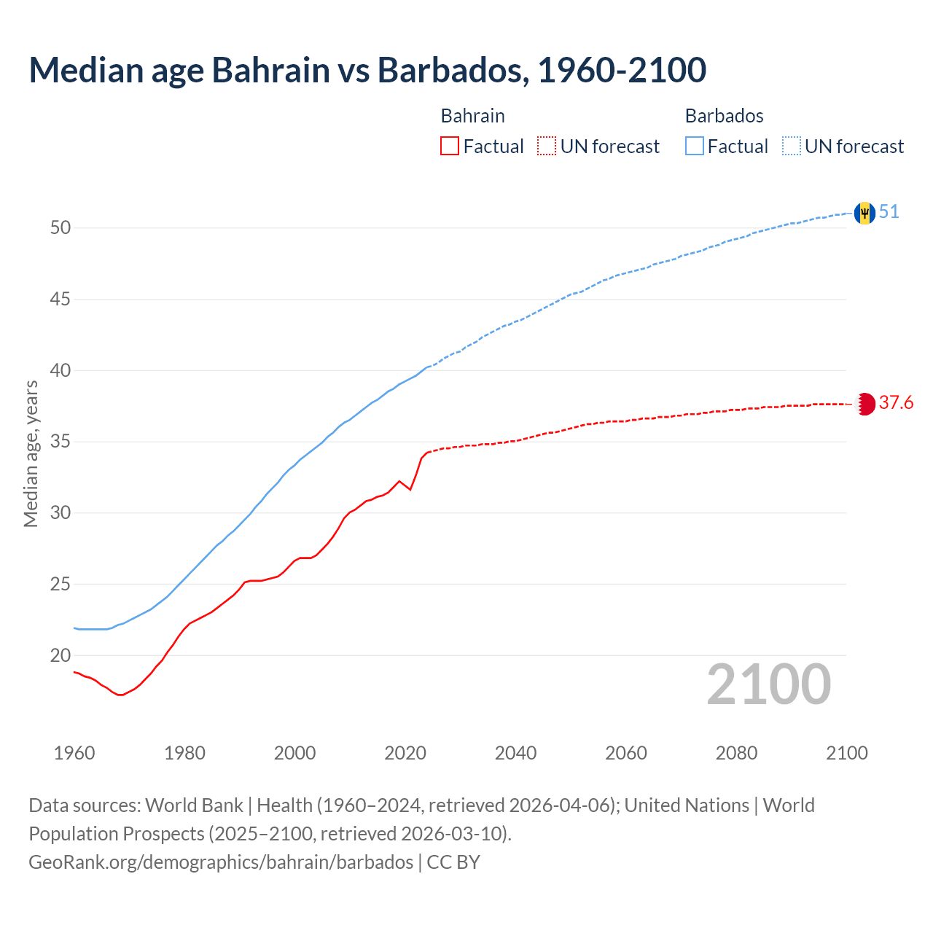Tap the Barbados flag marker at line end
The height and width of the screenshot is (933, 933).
pyautogui.click(x=864, y=213)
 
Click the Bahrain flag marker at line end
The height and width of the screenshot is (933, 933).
pyautogui.click(x=865, y=404)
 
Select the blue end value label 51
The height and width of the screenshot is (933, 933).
pyautogui.click(x=889, y=212)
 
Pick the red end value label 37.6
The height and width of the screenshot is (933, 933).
pyautogui.click(x=896, y=403)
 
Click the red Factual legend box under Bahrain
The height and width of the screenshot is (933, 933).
pyautogui.click(x=450, y=147)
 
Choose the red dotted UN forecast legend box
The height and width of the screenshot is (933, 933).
pyautogui.click(x=547, y=147)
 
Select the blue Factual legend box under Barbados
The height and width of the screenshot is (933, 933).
pyautogui.click(x=695, y=147)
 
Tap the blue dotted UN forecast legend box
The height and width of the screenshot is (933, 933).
pyautogui.click(x=792, y=147)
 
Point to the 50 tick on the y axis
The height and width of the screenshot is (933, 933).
pyautogui.click(x=60, y=228)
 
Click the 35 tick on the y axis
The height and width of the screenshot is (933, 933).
pyautogui.click(x=60, y=442)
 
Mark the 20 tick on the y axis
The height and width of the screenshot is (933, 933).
pyautogui.click(x=60, y=655)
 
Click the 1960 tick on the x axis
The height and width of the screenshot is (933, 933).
pyautogui.click(x=74, y=753)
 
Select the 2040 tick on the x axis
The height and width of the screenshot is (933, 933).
pyautogui.click(x=515, y=753)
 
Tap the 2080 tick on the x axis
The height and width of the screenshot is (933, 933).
pyautogui.click(x=736, y=753)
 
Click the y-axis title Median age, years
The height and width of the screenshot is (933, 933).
pyautogui.click(x=31, y=453)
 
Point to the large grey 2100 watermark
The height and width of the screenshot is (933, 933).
pyautogui.click(x=768, y=684)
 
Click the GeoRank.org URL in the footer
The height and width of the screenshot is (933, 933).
pyautogui.click(x=221, y=862)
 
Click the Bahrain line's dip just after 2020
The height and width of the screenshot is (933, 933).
pyautogui.click(x=410, y=489)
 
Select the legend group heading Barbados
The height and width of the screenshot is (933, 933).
pyautogui.click(x=724, y=116)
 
